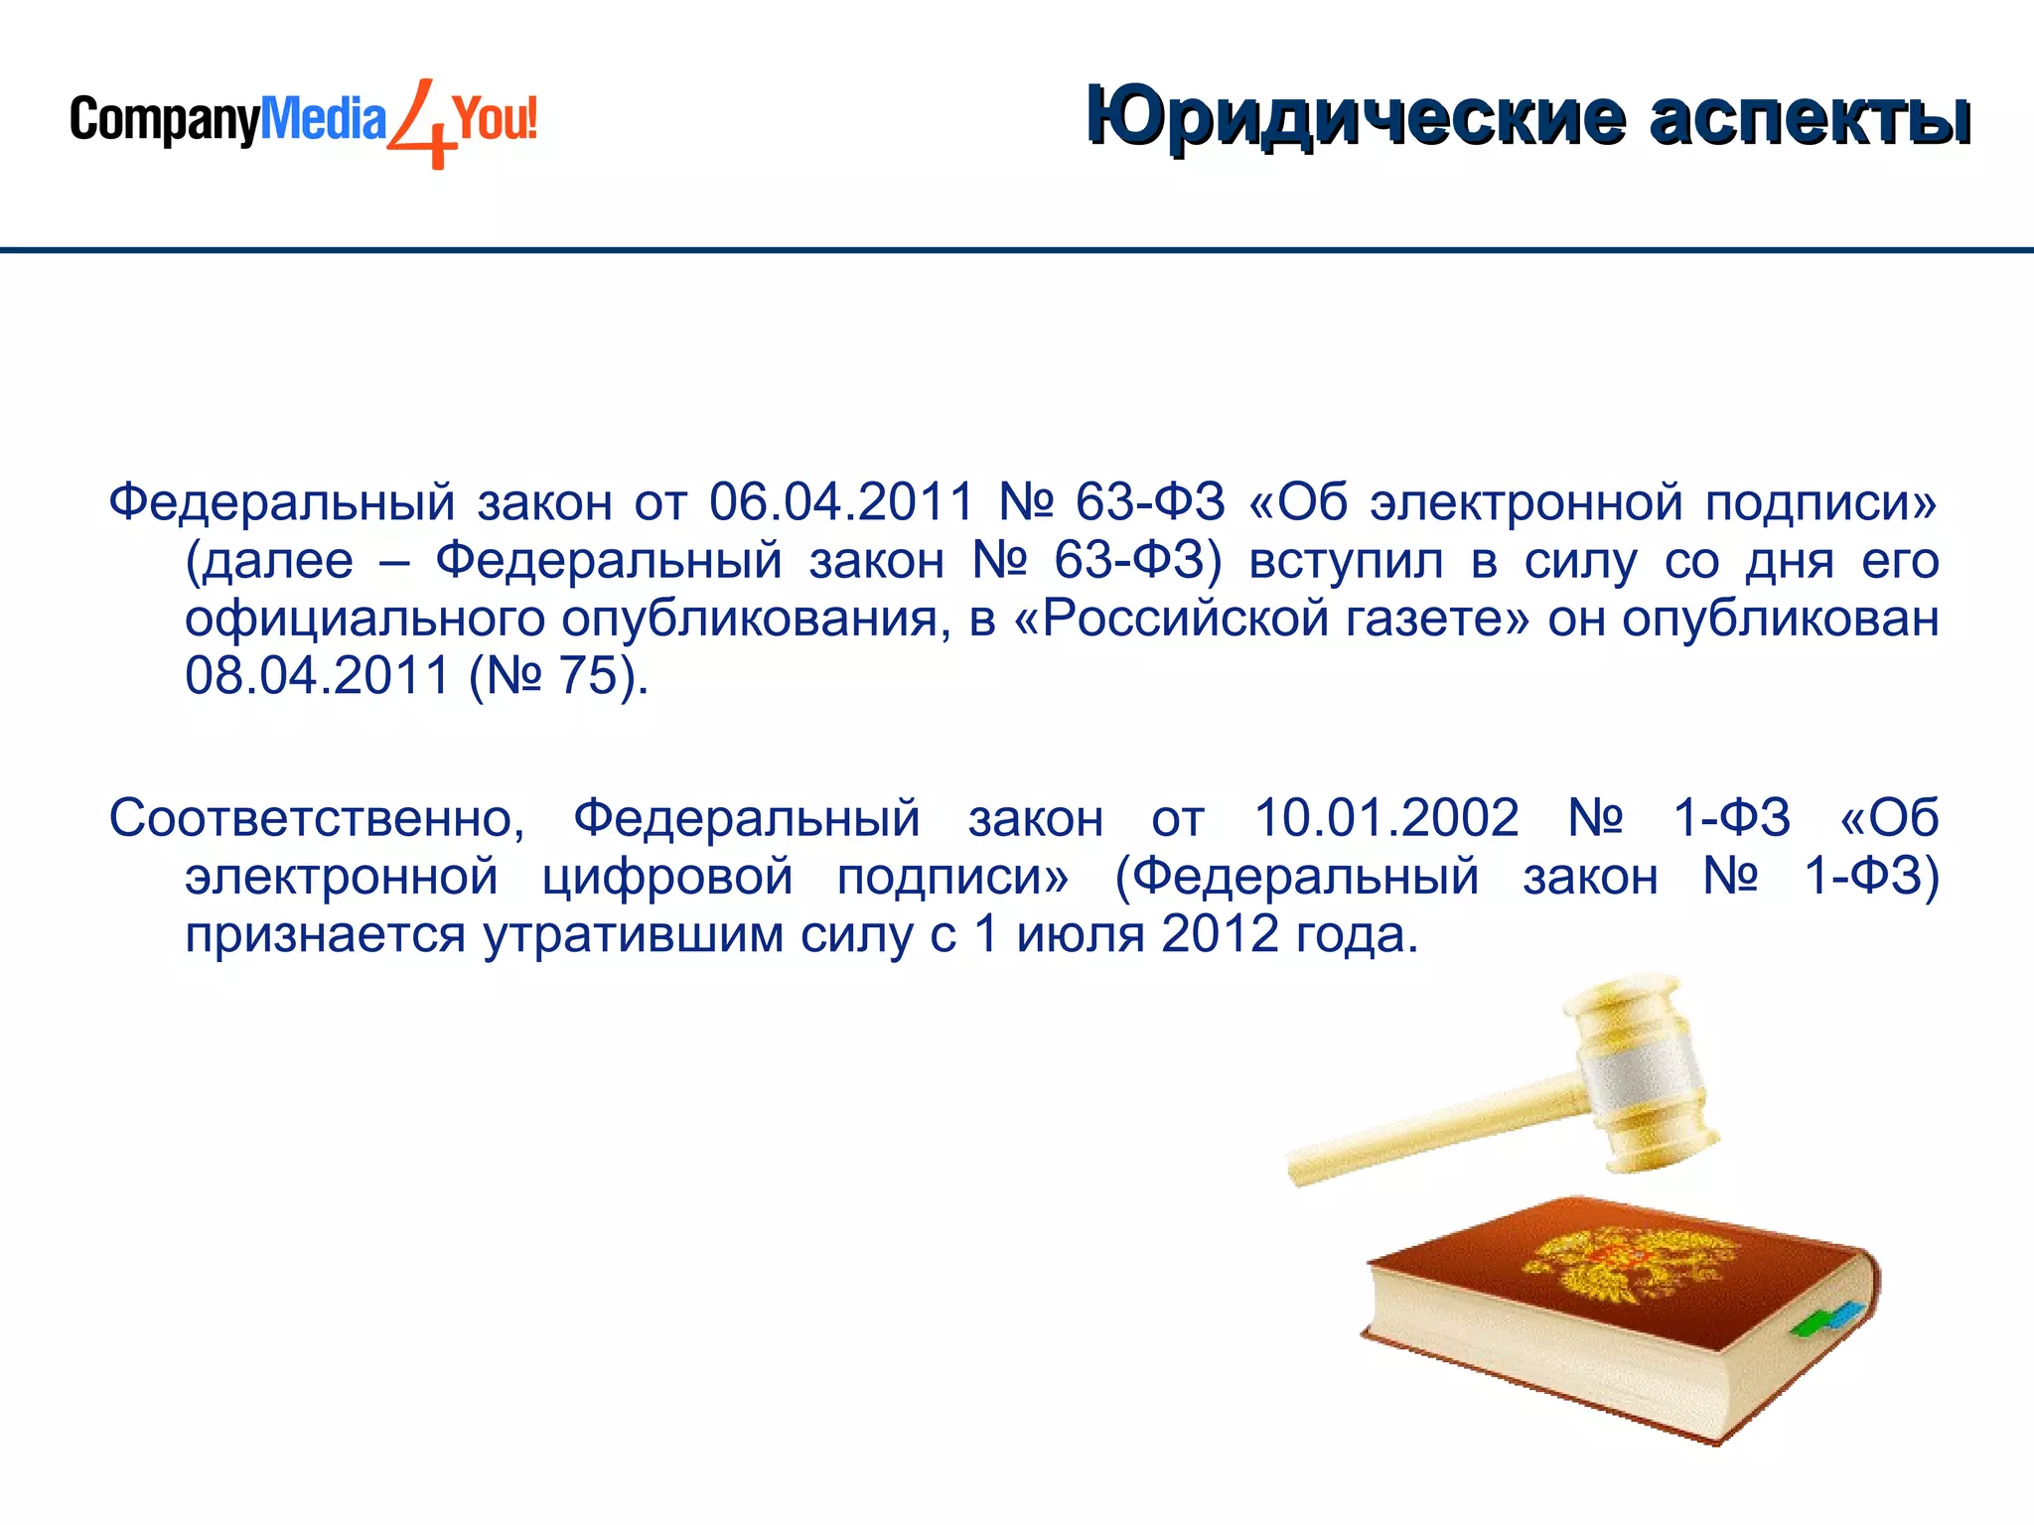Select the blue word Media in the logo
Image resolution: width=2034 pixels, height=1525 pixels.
pyautogui.click(x=323, y=119)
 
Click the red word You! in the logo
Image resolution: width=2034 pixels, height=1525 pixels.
pyautogui.click(x=496, y=119)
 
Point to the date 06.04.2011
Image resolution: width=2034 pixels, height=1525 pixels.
pyautogui.click(x=841, y=501)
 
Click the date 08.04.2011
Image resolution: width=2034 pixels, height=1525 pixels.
pyautogui.click(x=318, y=676)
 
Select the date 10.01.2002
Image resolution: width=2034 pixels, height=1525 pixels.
pyautogui.click(x=1386, y=818)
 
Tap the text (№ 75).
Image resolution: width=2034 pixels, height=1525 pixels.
pyautogui.click(x=559, y=676)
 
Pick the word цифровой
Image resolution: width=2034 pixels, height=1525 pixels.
pyautogui.click(x=667, y=878)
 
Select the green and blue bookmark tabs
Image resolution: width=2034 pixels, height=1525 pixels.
pyautogui.click(x=1826, y=1317)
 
